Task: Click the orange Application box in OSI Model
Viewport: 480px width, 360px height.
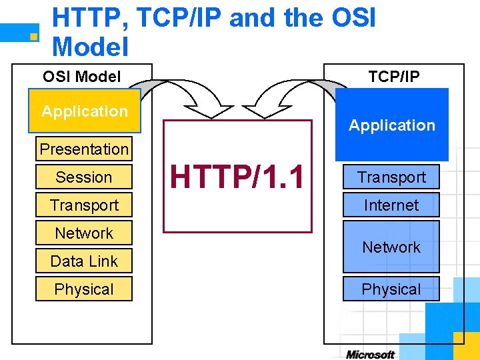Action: [x=84, y=111]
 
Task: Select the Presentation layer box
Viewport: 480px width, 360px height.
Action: [x=84, y=149]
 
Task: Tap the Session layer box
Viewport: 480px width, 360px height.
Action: [x=84, y=177]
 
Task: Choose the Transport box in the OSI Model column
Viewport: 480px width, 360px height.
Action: [x=84, y=205]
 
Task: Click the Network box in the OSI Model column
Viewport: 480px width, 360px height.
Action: [x=84, y=233]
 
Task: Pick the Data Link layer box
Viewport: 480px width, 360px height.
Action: [x=84, y=261]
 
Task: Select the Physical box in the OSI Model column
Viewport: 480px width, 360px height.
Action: [x=84, y=289]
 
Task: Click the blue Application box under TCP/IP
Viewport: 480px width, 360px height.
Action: [x=391, y=125]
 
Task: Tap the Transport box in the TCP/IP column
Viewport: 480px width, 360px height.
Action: [x=391, y=177]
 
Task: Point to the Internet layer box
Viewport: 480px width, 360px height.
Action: [x=391, y=205]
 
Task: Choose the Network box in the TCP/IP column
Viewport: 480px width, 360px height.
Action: [x=391, y=247]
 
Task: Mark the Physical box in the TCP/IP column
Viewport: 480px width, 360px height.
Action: [x=391, y=289]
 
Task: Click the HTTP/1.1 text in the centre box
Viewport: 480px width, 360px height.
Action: [x=237, y=177]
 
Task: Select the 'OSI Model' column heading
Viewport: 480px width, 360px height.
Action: [x=81, y=77]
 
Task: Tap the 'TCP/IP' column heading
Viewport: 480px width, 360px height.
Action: [x=394, y=77]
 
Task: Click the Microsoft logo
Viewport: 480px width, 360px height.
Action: [x=370, y=354]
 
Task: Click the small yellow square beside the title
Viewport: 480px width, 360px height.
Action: [x=33, y=37]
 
